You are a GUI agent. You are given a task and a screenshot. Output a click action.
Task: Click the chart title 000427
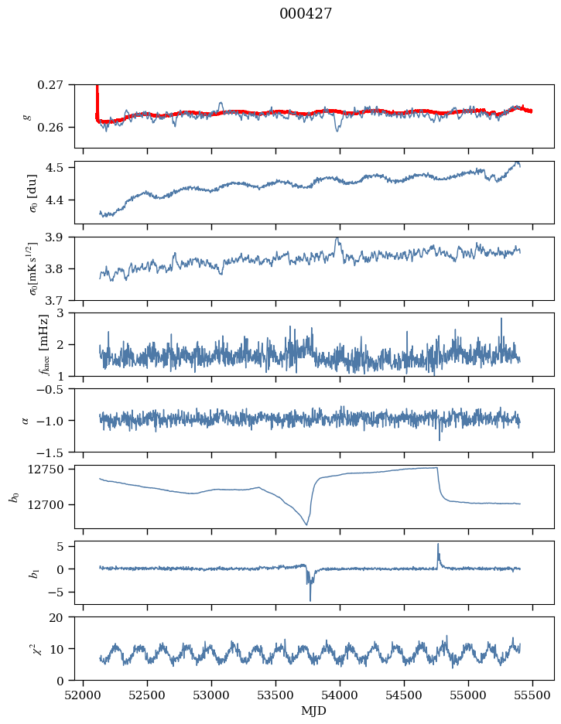(306, 14)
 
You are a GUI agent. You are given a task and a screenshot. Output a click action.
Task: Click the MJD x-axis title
(313, 710)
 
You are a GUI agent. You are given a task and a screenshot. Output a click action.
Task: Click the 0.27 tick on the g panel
(53, 84)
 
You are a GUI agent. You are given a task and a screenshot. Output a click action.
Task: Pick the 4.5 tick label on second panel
(56, 168)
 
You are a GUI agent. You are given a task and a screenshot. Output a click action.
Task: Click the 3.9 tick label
(56, 237)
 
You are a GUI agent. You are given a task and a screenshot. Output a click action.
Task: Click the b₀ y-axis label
(13, 496)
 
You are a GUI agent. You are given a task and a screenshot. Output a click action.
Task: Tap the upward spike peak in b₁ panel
(438, 544)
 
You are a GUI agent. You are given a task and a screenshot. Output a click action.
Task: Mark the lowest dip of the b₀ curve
(306, 525)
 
